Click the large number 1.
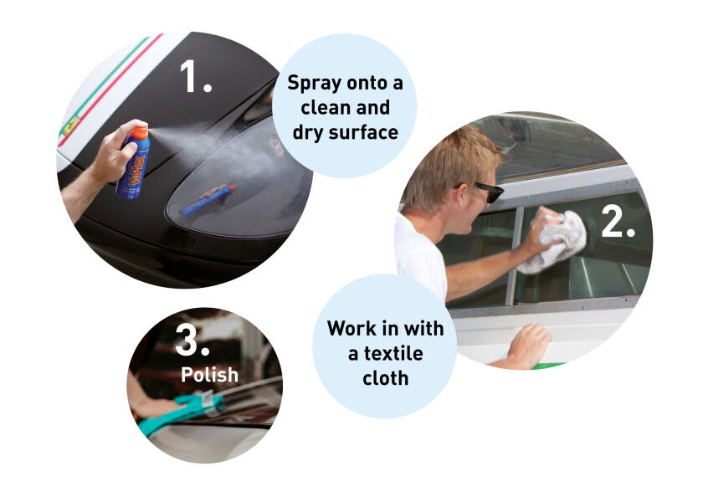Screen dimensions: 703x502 pyautogui.click(x=195, y=76)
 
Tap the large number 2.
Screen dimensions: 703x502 pyautogui.click(x=618, y=222)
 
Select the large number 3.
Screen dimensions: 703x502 pyautogui.click(x=192, y=340)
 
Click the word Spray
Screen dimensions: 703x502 pyautogui.click(x=315, y=83)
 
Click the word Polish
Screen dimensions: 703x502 pyautogui.click(x=209, y=375)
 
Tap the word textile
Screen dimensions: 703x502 pyautogui.click(x=393, y=353)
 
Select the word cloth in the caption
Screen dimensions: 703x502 pyautogui.click(x=385, y=378)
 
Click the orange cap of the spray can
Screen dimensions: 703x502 pyautogui.click(x=140, y=131)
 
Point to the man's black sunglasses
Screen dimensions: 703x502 pyautogui.click(x=486, y=191)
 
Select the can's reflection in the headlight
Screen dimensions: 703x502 pyautogui.click(x=208, y=199)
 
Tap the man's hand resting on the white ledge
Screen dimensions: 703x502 pyautogui.click(x=529, y=344)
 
